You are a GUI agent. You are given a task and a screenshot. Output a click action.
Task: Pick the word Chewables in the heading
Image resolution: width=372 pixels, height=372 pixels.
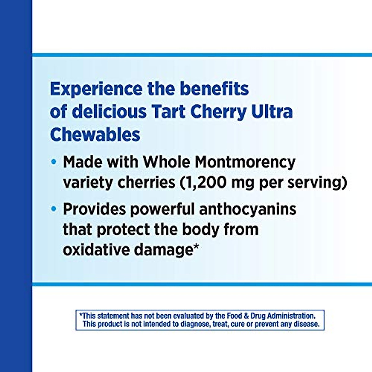(x=95, y=135)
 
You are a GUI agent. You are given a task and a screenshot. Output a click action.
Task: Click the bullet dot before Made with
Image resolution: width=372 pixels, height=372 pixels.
(x=54, y=162)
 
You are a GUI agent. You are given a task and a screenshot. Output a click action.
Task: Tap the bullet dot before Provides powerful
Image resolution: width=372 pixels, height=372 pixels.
(x=54, y=209)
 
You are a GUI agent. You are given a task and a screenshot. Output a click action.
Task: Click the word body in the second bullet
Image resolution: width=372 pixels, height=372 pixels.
(x=200, y=229)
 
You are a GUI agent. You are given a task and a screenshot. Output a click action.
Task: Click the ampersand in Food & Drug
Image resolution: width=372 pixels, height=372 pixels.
(x=246, y=316)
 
